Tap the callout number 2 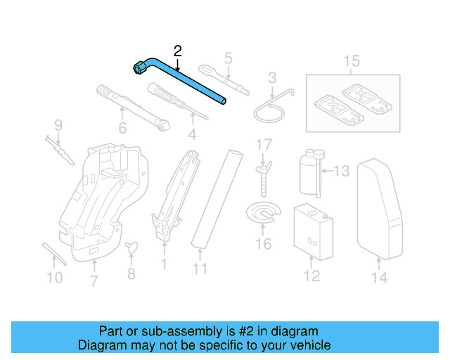[177, 50]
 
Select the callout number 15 [352, 61]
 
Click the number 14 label [379, 278]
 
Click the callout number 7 [94, 283]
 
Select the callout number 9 [58, 125]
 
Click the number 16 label [263, 244]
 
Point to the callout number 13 [341, 170]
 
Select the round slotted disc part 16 [262, 215]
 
